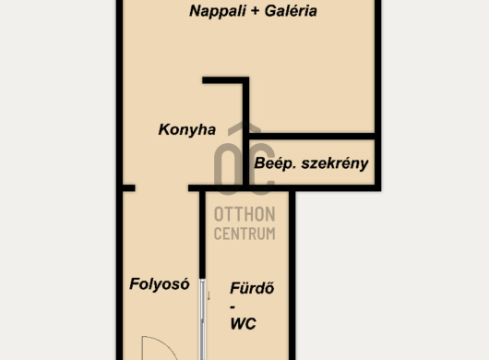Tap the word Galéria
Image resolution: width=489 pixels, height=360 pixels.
pyautogui.click(x=291, y=11)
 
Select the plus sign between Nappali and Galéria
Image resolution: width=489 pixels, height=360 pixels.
pyautogui.click(x=255, y=12)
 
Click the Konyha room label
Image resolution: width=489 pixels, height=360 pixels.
pyautogui.click(x=186, y=129)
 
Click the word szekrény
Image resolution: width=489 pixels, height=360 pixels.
pyautogui.click(x=335, y=163)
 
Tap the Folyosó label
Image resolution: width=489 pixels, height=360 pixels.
pyautogui.click(x=160, y=284)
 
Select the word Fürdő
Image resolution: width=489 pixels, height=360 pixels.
pyautogui.click(x=252, y=288)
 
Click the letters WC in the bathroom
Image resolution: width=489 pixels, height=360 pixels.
pyautogui.click(x=243, y=323)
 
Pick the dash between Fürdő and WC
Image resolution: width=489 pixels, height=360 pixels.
pyautogui.click(x=233, y=307)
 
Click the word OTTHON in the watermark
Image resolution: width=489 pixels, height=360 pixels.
pyautogui.click(x=244, y=214)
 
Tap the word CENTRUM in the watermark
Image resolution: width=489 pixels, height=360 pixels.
pyautogui.click(x=244, y=234)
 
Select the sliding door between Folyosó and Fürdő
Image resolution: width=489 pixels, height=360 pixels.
pyautogui.click(x=202, y=319)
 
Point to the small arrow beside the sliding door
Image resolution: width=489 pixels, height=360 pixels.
pyautogui.click(x=209, y=296)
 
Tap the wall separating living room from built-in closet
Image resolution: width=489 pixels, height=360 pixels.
pyautogui.click(x=312, y=137)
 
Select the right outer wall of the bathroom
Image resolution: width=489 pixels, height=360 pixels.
pyautogui.click(x=292, y=275)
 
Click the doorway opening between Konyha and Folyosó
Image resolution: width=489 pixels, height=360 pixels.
pyautogui.click(x=161, y=187)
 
